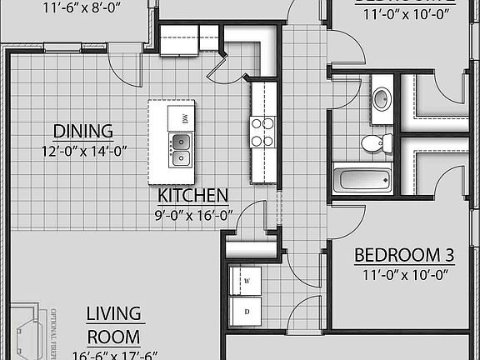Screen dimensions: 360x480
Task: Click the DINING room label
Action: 82,131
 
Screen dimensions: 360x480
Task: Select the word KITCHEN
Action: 193,196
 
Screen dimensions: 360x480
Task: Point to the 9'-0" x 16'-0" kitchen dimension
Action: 193,215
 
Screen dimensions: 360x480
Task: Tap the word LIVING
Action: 114,313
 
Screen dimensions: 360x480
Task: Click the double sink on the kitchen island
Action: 181,150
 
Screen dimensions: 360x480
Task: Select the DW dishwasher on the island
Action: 181,117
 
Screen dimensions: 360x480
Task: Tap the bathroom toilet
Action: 372,142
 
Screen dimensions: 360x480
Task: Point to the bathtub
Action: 362,179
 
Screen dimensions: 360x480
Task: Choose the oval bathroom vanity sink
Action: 381,98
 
